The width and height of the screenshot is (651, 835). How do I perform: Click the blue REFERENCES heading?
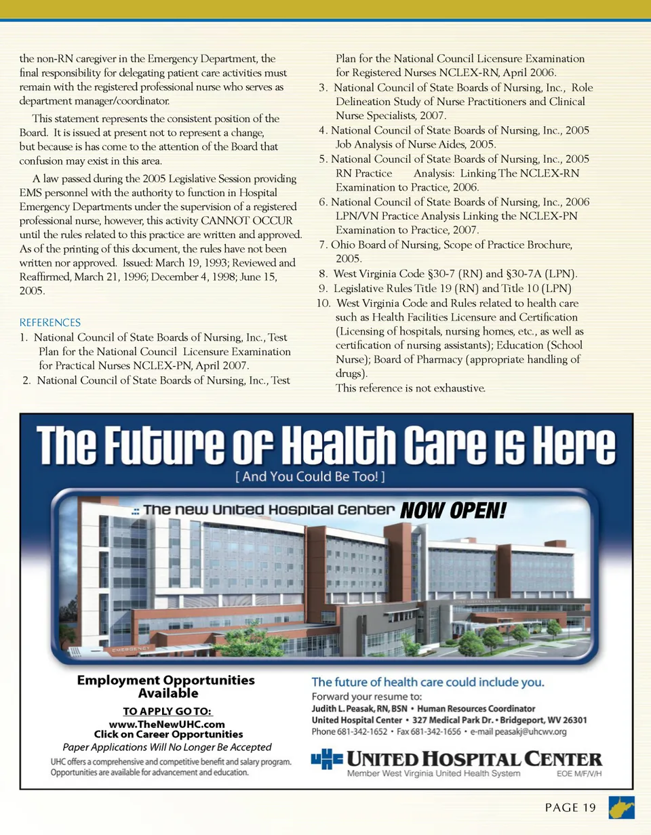[50, 323]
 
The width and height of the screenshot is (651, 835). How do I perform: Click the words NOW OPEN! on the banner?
[453, 510]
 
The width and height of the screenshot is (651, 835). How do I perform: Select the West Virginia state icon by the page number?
[622, 807]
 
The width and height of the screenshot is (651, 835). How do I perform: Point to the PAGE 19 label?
[570, 807]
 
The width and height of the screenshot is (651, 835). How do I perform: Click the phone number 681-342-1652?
[362, 732]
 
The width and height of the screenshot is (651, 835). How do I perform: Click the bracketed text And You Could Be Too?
[311, 477]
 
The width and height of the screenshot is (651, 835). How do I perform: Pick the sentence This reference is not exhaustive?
[410, 388]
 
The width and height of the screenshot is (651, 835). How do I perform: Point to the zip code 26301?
[572, 720]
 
